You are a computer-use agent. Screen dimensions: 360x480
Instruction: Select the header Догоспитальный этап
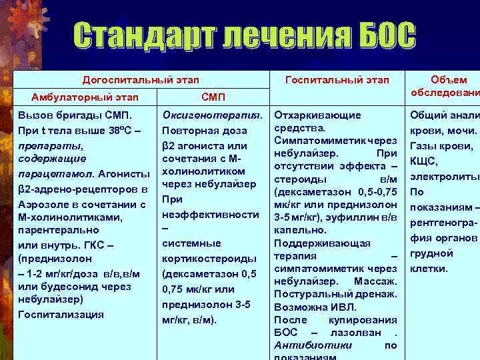point(140,80)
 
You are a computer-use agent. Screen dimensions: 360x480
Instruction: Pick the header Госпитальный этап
point(337,80)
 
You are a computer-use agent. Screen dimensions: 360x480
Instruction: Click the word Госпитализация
point(61,314)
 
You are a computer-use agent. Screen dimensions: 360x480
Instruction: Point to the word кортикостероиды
point(209,258)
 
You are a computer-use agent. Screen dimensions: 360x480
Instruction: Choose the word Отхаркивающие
point(318,115)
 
